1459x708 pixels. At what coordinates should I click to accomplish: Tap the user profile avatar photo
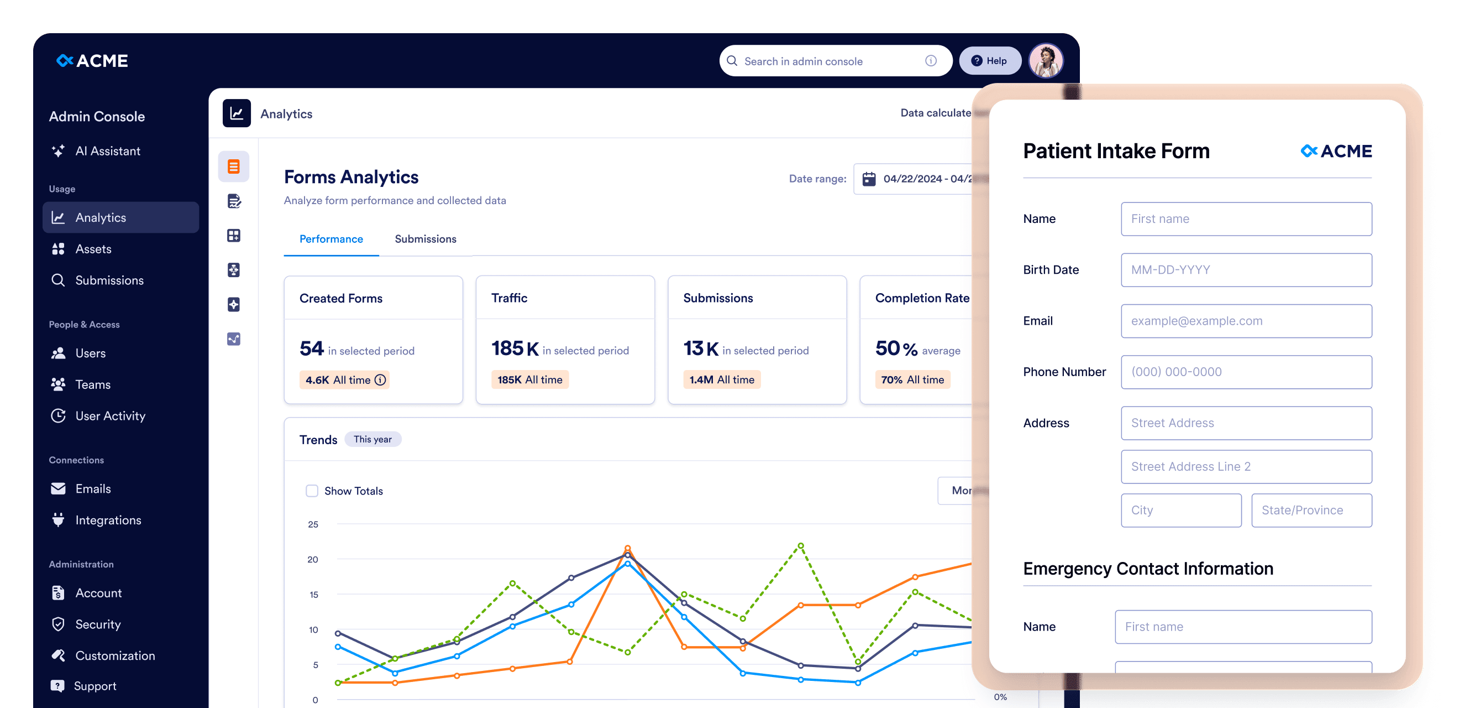pos(1046,61)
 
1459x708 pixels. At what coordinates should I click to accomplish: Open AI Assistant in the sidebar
pos(107,151)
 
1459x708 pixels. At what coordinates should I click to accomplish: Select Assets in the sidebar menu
pos(93,249)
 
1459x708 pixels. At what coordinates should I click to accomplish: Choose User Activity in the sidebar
pos(110,415)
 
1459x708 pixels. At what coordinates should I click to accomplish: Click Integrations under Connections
pos(108,520)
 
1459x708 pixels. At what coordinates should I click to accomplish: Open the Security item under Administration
pos(97,624)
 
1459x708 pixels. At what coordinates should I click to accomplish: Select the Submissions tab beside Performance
pos(426,239)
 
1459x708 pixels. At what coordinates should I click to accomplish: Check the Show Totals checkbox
pos(312,491)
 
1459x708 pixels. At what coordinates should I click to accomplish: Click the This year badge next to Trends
pos(372,439)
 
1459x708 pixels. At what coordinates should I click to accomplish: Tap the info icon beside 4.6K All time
pos(381,380)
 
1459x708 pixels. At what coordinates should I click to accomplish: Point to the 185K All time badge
pos(529,380)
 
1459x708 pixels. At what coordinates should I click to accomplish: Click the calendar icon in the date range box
pos(869,179)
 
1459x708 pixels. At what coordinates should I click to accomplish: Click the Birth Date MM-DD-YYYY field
pos(1246,270)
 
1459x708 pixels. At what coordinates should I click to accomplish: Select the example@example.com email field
pos(1246,321)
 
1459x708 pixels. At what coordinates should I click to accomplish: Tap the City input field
pos(1181,510)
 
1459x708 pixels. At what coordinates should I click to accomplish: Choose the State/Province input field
pos(1311,510)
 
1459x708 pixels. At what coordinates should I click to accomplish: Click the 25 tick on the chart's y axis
pos(313,524)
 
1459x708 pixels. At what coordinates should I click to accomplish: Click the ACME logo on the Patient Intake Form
pos(1336,152)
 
